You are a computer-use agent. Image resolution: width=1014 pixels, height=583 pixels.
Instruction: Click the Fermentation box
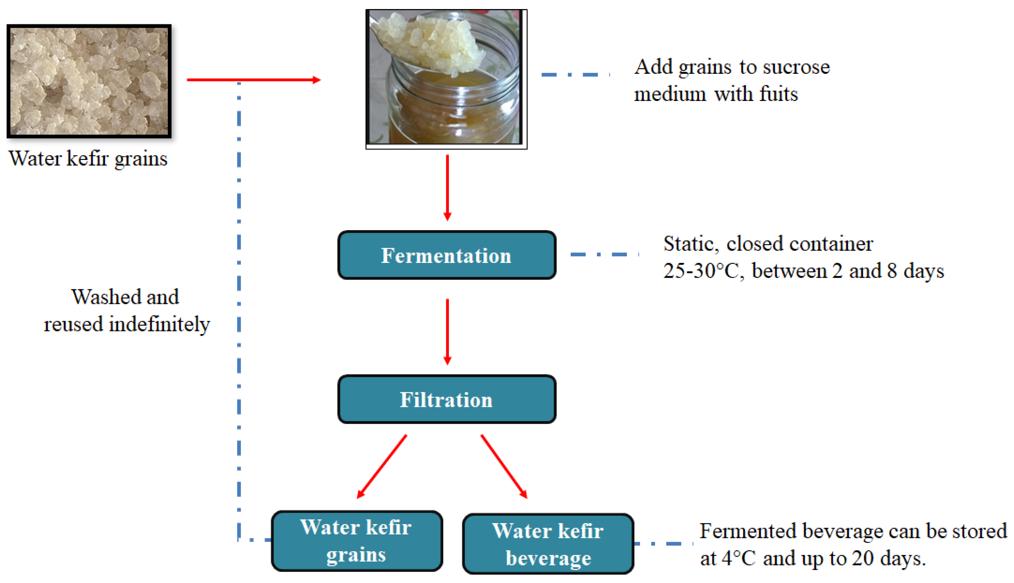click(x=447, y=255)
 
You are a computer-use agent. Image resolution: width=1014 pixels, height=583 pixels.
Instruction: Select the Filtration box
click(x=447, y=399)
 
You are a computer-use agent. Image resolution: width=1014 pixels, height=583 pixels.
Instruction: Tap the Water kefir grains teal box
click(x=357, y=541)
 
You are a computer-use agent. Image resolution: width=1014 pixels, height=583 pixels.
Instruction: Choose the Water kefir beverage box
click(x=548, y=544)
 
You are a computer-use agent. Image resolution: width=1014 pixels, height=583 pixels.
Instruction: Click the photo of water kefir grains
click(x=89, y=81)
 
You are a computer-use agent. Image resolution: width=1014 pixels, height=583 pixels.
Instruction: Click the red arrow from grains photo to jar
click(x=253, y=80)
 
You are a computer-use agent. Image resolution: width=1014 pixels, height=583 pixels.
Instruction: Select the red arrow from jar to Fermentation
click(x=447, y=187)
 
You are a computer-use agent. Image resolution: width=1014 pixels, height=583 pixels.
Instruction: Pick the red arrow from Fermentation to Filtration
click(x=447, y=331)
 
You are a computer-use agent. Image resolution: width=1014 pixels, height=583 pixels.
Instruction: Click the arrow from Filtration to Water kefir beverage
click(x=504, y=466)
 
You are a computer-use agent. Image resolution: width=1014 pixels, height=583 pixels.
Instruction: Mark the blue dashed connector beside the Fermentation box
click(x=604, y=254)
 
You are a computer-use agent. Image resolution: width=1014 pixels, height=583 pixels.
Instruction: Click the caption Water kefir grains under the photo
click(x=88, y=159)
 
